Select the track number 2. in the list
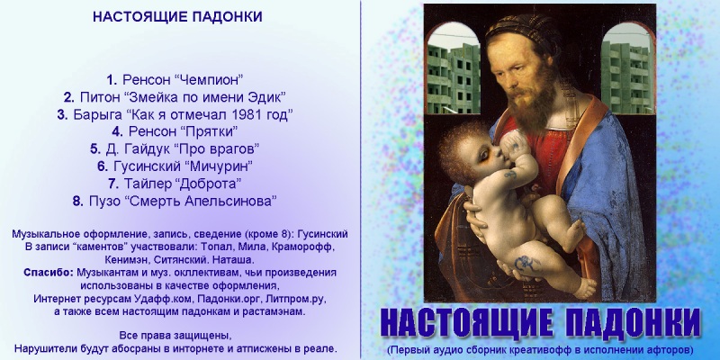point(69,97)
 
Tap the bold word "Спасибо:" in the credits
point(49,273)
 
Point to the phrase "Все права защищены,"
point(175,335)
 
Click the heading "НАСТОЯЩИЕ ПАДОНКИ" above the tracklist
point(177,16)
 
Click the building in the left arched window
point(454,77)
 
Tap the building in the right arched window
point(626,77)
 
